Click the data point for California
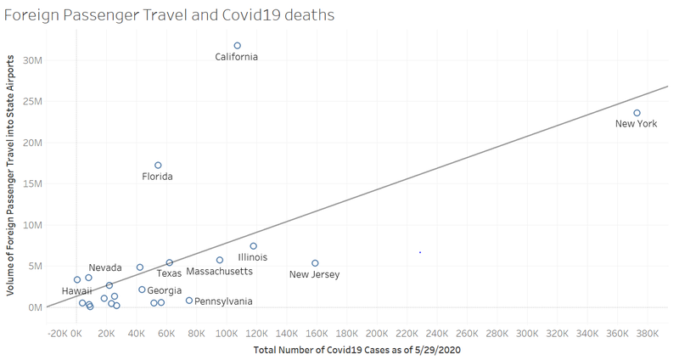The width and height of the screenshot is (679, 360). (x=238, y=46)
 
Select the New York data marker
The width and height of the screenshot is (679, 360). (x=637, y=113)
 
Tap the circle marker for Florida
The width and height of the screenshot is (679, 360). (x=158, y=166)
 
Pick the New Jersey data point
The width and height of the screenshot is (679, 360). (x=315, y=263)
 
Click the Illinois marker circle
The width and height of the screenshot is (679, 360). (x=253, y=246)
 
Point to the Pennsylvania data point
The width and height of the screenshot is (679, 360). (x=189, y=301)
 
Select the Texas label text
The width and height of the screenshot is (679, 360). (x=169, y=273)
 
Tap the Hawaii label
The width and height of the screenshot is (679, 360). (x=78, y=290)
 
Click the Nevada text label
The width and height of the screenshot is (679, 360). (x=105, y=267)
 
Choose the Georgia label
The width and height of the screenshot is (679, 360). (x=164, y=290)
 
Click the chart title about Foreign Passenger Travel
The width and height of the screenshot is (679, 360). (x=169, y=14)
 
